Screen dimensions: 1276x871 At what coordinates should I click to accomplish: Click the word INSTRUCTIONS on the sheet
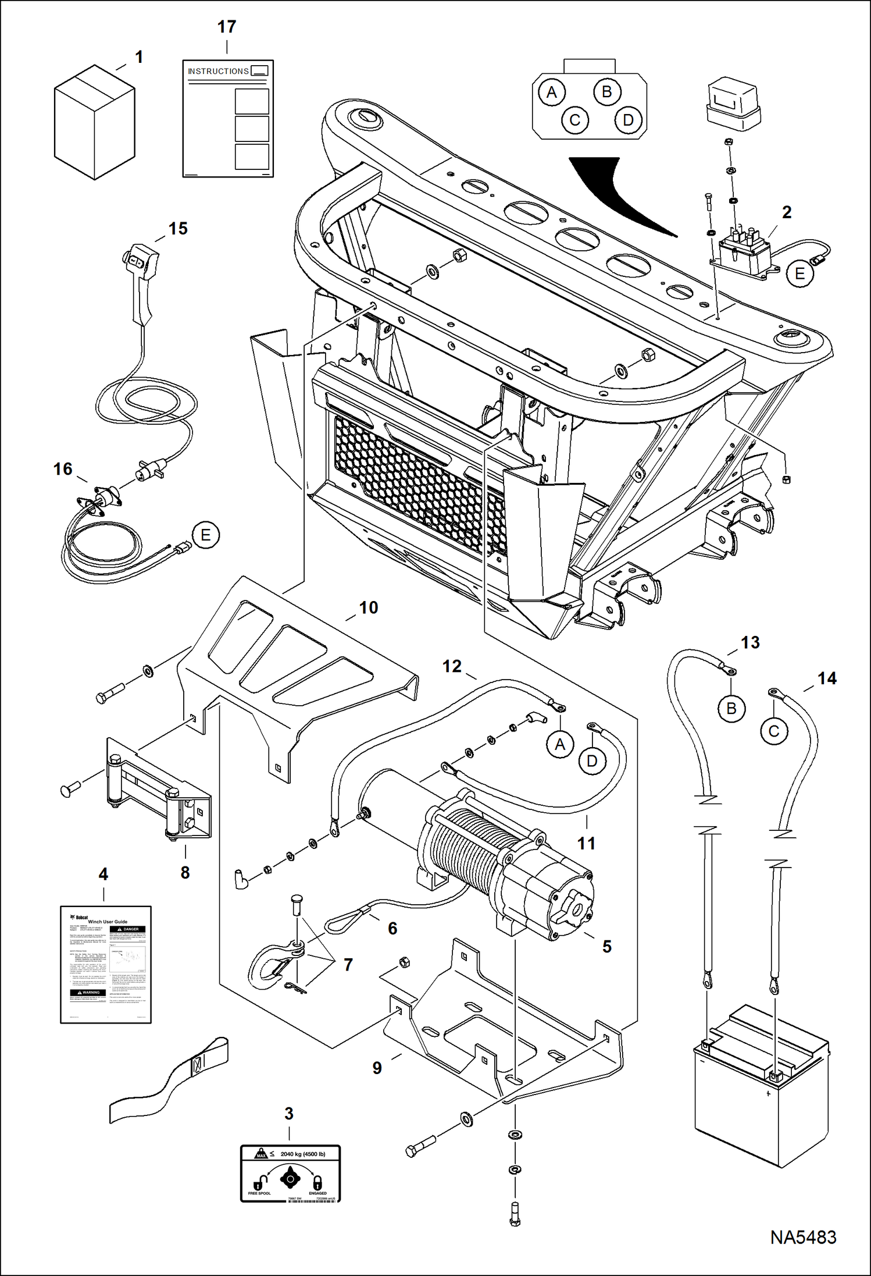point(218,71)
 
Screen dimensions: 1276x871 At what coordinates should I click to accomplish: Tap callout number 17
point(227,27)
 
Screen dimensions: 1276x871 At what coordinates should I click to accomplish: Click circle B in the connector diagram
point(606,92)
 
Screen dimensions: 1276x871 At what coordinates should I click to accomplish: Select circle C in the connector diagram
point(574,120)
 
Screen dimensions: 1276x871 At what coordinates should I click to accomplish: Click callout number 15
point(178,229)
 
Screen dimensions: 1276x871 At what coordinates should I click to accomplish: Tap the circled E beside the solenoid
point(799,273)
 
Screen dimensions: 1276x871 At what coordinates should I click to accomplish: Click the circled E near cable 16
point(205,535)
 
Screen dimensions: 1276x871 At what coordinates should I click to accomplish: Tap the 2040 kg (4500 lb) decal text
point(302,1154)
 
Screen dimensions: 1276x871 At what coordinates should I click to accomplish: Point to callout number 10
point(369,607)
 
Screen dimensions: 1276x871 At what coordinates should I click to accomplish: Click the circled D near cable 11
point(592,761)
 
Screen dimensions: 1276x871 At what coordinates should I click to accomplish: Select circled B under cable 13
point(731,708)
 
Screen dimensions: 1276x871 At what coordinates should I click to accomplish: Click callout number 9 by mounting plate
point(377,1068)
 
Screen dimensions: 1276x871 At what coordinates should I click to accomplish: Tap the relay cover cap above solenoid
point(732,103)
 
